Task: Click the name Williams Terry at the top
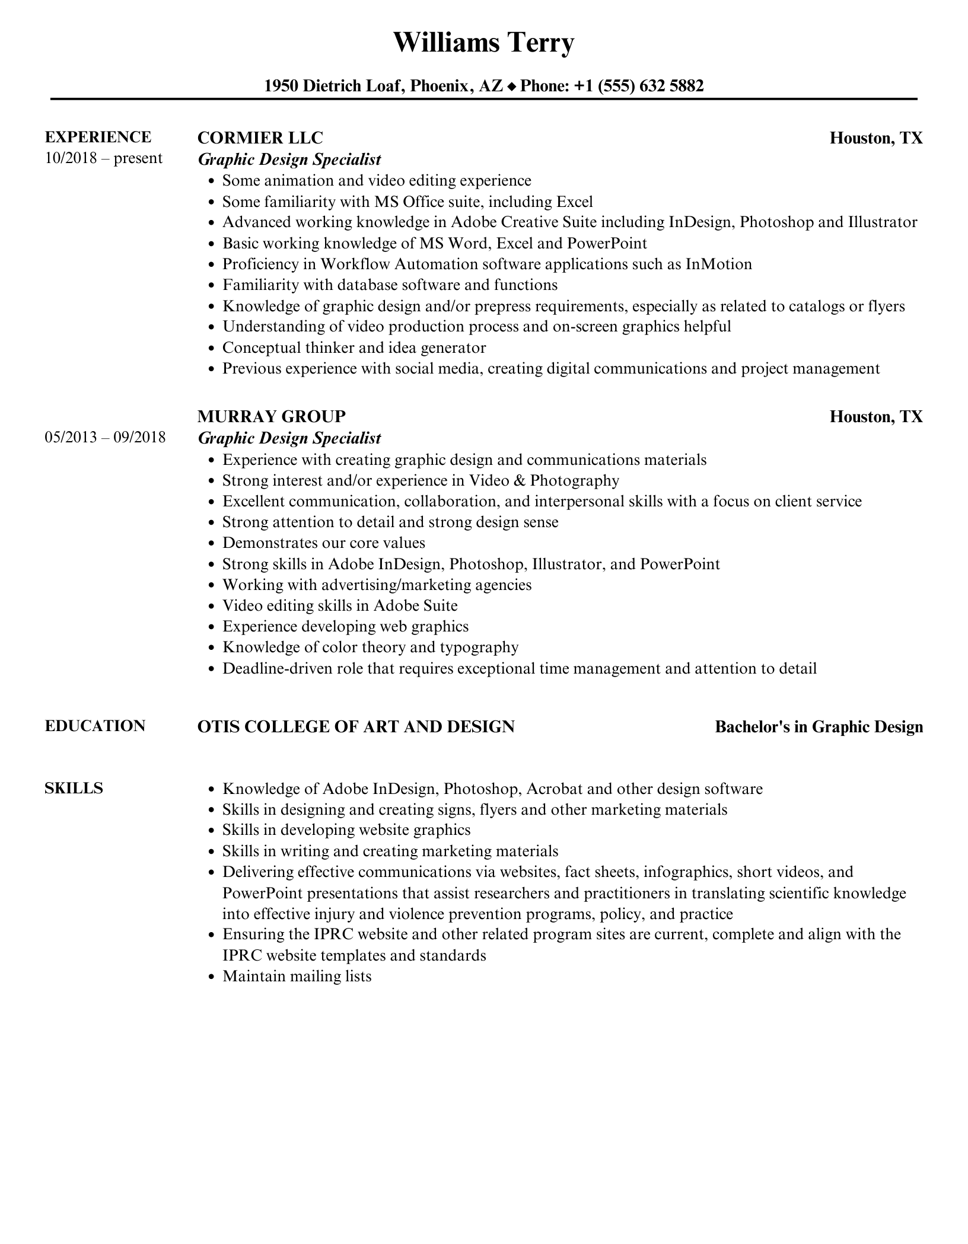pos(483,43)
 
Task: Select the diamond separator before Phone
pos(512,87)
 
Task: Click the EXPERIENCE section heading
pos(98,137)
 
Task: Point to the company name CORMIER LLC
pos(260,138)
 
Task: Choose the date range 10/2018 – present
pos(103,158)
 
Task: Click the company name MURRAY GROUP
pos(271,416)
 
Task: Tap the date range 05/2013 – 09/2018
pos(105,438)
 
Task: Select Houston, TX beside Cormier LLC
pos(875,138)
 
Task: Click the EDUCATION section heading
pos(95,726)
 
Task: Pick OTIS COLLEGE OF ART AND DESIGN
pos(356,726)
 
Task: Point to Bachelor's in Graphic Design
pos(819,727)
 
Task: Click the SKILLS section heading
pos(74,788)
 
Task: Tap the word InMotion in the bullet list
pos(718,264)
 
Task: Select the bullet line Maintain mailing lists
pos(297,976)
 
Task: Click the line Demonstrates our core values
pos(323,543)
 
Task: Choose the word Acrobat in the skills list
pos(555,789)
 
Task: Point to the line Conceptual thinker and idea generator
pos(354,347)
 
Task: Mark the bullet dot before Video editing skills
pos(211,606)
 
